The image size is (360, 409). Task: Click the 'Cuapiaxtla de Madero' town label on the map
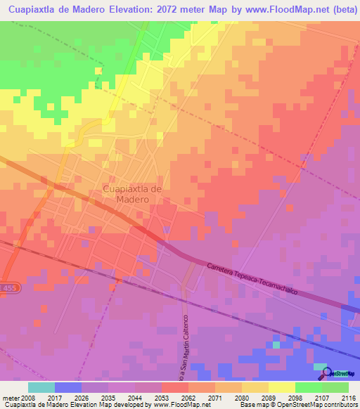[x=133, y=194]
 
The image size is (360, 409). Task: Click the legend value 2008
[x=27, y=397]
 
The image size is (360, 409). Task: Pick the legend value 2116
[x=347, y=397]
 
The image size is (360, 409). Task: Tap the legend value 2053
[x=161, y=397]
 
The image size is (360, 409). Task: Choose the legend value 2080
[x=241, y=397]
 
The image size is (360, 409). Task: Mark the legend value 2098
[x=295, y=397]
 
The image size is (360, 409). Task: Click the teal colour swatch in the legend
[x=41, y=387]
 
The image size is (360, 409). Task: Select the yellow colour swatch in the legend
[x=281, y=387]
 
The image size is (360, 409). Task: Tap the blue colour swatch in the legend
[x=67, y=387]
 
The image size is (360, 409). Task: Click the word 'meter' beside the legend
[x=9, y=397]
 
